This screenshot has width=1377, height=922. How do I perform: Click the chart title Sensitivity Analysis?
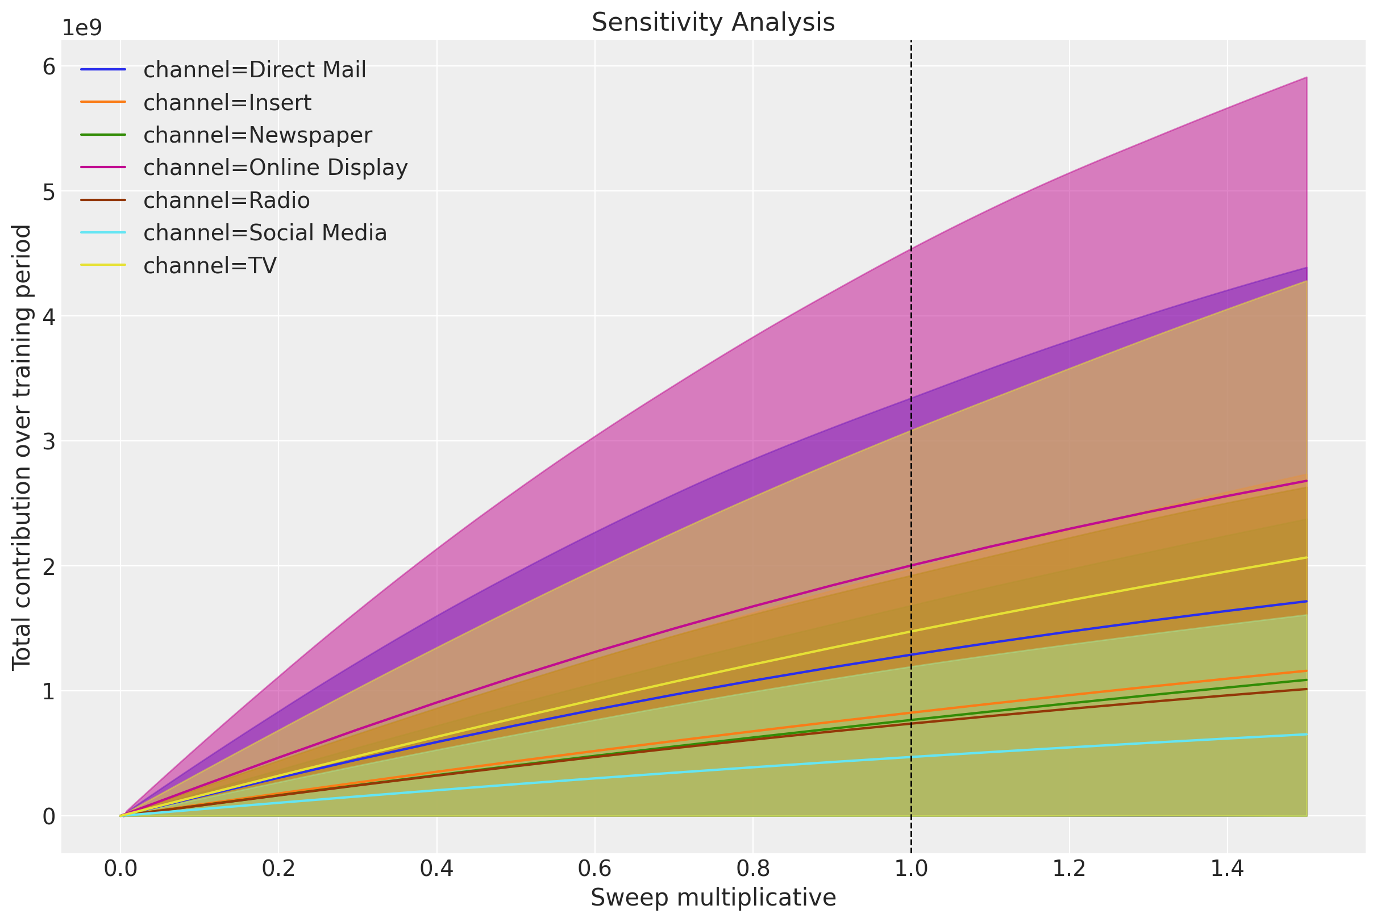[712, 22]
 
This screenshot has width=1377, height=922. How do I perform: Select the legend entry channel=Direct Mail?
[254, 70]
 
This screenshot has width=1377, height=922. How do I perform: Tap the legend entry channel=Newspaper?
[257, 135]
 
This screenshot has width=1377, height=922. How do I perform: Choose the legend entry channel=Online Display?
[274, 168]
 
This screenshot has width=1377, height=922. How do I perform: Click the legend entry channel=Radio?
[226, 201]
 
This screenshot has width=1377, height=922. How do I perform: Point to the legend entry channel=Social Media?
[265, 233]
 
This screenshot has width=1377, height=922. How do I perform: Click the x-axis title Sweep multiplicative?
[712, 898]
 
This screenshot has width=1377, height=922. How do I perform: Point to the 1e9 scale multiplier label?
[82, 28]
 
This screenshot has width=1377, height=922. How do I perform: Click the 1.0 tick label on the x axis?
[910, 869]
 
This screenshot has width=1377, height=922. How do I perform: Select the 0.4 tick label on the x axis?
[436, 869]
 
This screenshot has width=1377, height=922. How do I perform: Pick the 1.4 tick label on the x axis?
[1226, 869]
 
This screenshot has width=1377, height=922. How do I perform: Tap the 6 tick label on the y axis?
[49, 67]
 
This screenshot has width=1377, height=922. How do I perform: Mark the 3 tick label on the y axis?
[49, 441]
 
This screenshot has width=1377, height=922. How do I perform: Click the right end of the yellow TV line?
[1305, 557]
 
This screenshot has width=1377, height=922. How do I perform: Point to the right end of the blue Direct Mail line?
[1305, 602]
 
